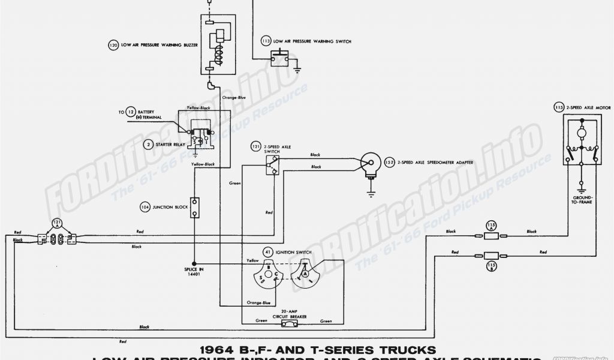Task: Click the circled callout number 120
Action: (113, 45)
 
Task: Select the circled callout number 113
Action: (266, 41)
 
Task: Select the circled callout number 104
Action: (145, 207)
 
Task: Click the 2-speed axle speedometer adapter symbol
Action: (367, 164)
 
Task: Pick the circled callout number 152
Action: (389, 163)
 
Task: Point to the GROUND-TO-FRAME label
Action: (582, 200)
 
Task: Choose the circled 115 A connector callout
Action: (491, 225)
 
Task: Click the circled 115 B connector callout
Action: (491, 265)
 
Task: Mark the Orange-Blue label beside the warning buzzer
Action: (234, 97)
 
